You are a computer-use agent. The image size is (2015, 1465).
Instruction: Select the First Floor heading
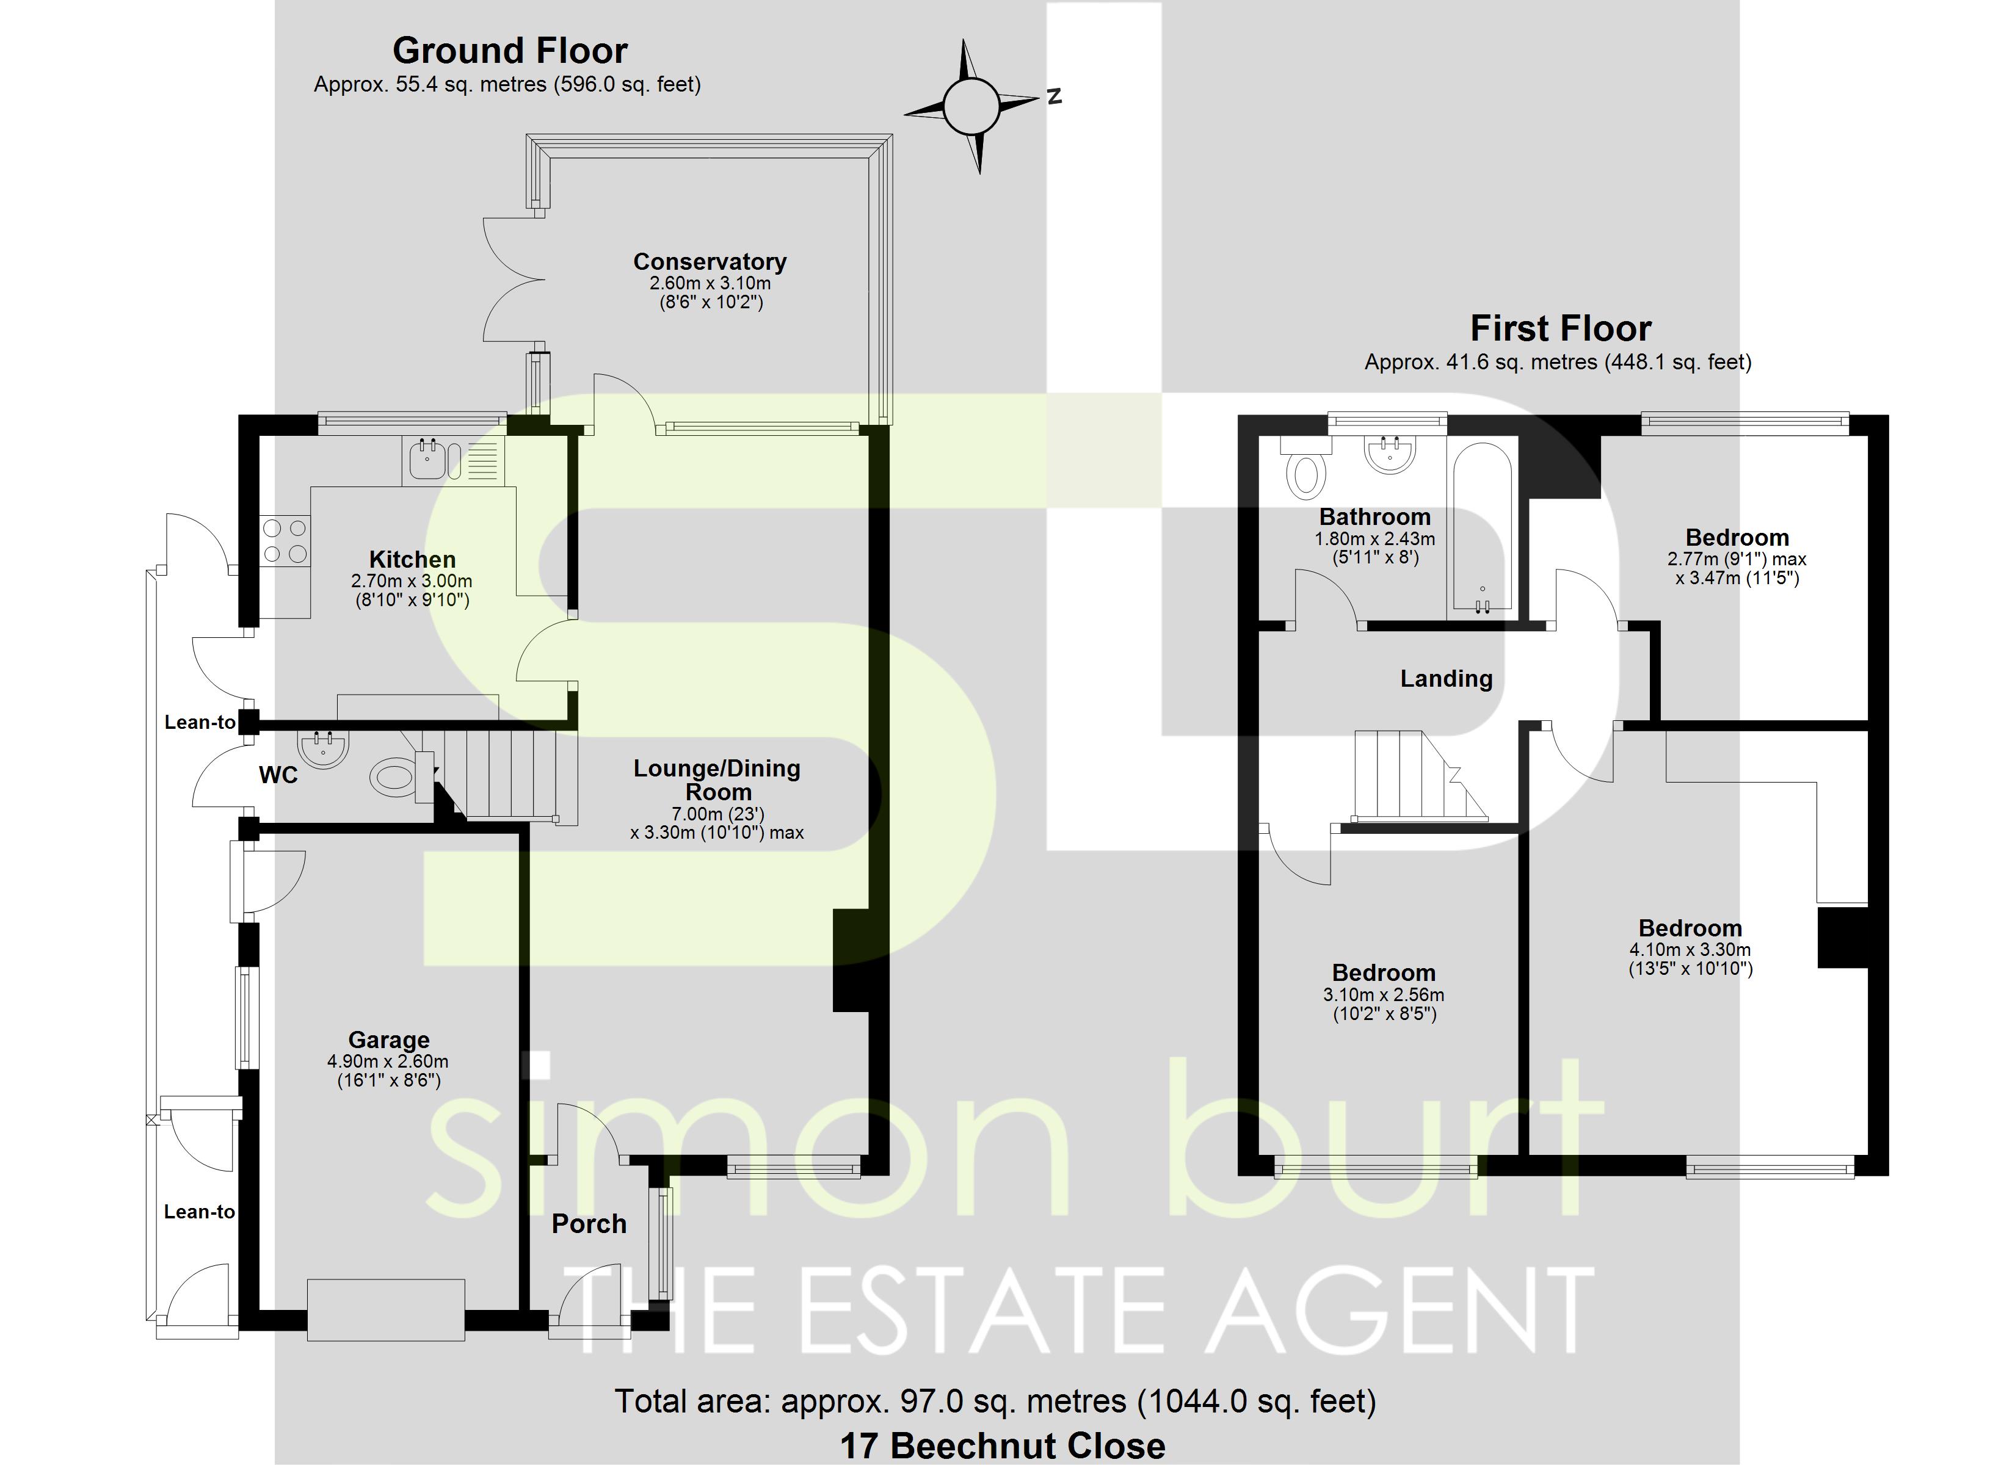tap(1560, 329)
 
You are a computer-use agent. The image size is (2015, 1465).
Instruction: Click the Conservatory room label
tap(710, 262)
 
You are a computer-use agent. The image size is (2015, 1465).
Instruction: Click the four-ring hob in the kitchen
tap(285, 541)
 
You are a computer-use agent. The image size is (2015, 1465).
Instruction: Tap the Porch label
tap(589, 1224)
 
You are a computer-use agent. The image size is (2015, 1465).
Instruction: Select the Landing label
tap(1447, 679)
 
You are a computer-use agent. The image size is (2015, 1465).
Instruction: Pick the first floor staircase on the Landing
tap(1419, 774)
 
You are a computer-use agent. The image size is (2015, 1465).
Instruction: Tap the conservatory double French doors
tap(514, 280)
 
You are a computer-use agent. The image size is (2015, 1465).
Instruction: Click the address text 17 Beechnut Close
tap(1003, 1446)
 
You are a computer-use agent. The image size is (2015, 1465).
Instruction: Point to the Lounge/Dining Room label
tap(717, 780)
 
